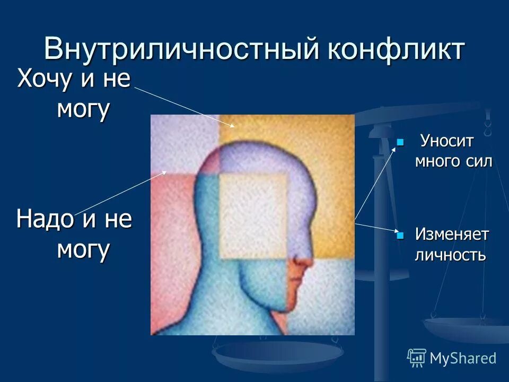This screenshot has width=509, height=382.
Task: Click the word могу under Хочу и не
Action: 83,109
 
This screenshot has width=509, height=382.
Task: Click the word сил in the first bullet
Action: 480,161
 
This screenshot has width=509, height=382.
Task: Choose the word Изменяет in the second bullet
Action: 452,234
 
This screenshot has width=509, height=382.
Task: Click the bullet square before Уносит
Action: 400,142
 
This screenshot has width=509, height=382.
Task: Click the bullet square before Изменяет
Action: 400,234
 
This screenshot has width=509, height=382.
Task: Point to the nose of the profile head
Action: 304,262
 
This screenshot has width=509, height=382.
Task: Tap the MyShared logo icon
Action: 416,358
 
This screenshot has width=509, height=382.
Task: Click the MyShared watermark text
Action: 462,358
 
